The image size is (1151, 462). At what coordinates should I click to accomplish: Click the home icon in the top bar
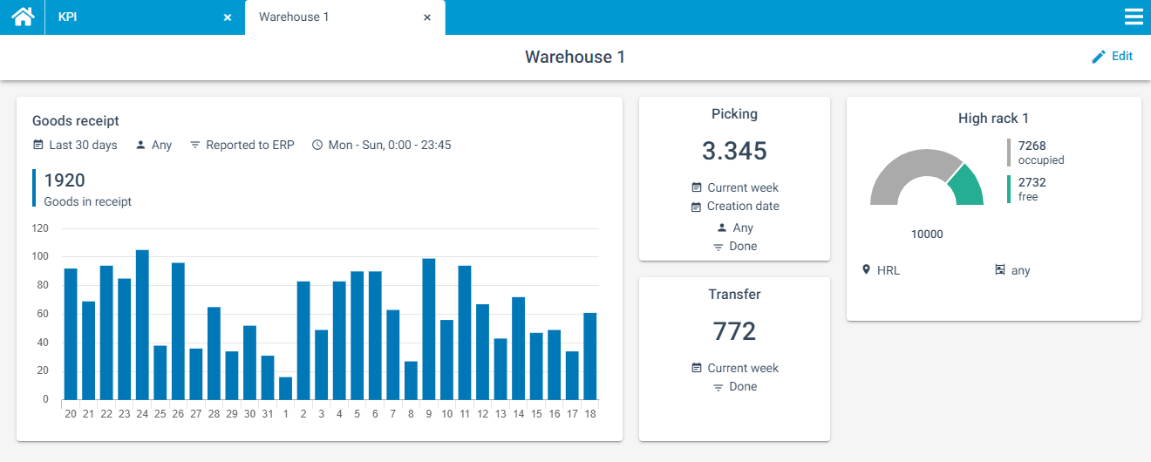(23, 17)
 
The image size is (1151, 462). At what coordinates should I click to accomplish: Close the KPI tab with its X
(228, 17)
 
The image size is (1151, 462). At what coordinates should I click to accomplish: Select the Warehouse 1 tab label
(294, 17)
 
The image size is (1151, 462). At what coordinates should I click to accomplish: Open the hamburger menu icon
(1134, 17)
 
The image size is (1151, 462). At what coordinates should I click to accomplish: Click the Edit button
(1113, 56)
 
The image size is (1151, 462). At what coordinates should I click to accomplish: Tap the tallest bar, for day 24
(142, 324)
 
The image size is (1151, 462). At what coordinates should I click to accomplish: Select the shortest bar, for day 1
(285, 388)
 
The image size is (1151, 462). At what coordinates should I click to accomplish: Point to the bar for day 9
(428, 329)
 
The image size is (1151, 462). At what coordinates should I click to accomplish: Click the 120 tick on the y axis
(40, 228)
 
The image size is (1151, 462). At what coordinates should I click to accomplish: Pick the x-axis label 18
(590, 414)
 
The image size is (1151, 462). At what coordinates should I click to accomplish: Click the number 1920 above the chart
(65, 180)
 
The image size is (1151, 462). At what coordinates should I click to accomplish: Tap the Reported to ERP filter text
(249, 145)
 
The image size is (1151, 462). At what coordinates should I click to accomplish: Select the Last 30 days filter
(83, 145)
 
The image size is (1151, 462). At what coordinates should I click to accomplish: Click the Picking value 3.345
(734, 151)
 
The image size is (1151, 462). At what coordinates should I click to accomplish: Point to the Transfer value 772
(734, 331)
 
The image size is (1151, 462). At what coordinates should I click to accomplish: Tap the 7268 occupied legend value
(1032, 146)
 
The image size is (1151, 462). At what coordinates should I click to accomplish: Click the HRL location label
(889, 270)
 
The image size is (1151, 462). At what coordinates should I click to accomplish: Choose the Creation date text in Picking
(743, 207)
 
